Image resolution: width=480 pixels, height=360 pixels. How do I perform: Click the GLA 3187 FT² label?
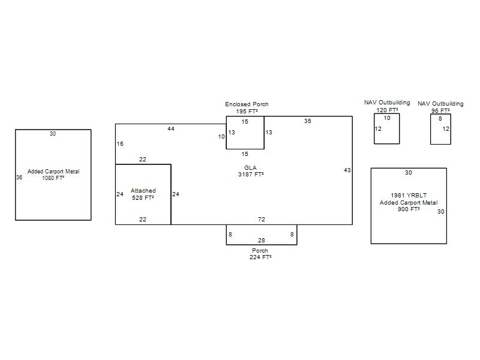point(251,171)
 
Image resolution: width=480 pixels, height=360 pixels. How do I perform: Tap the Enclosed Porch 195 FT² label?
point(247,108)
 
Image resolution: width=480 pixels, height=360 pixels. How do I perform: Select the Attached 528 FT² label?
point(143,194)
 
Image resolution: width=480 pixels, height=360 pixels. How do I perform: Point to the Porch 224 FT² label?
point(260,254)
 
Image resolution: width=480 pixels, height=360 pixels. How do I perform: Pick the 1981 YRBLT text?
point(409,196)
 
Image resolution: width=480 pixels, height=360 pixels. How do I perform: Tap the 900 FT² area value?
point(409,209)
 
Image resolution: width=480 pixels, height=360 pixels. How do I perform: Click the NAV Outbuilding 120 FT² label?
point(387,106)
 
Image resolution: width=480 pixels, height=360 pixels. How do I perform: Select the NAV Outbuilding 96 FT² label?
point(440,107)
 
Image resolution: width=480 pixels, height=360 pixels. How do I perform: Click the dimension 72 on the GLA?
point(262,219)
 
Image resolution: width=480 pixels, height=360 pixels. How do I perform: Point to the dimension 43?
point(347,170)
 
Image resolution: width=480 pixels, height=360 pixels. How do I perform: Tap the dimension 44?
point(171,129)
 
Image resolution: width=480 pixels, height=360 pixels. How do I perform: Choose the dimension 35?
point(308,121)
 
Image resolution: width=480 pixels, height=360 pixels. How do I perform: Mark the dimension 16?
point(120,143)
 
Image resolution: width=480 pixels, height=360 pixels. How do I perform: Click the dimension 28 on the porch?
point(262,241)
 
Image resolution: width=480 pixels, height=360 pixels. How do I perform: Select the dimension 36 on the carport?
point(19,177)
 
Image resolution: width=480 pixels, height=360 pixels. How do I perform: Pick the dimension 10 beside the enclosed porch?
point(221,137)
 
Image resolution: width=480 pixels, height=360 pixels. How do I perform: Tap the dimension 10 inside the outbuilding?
point(387,118)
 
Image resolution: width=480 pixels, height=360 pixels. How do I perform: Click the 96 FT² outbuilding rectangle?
point(430,129)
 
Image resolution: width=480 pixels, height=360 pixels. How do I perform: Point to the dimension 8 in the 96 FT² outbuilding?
point(440,118)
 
